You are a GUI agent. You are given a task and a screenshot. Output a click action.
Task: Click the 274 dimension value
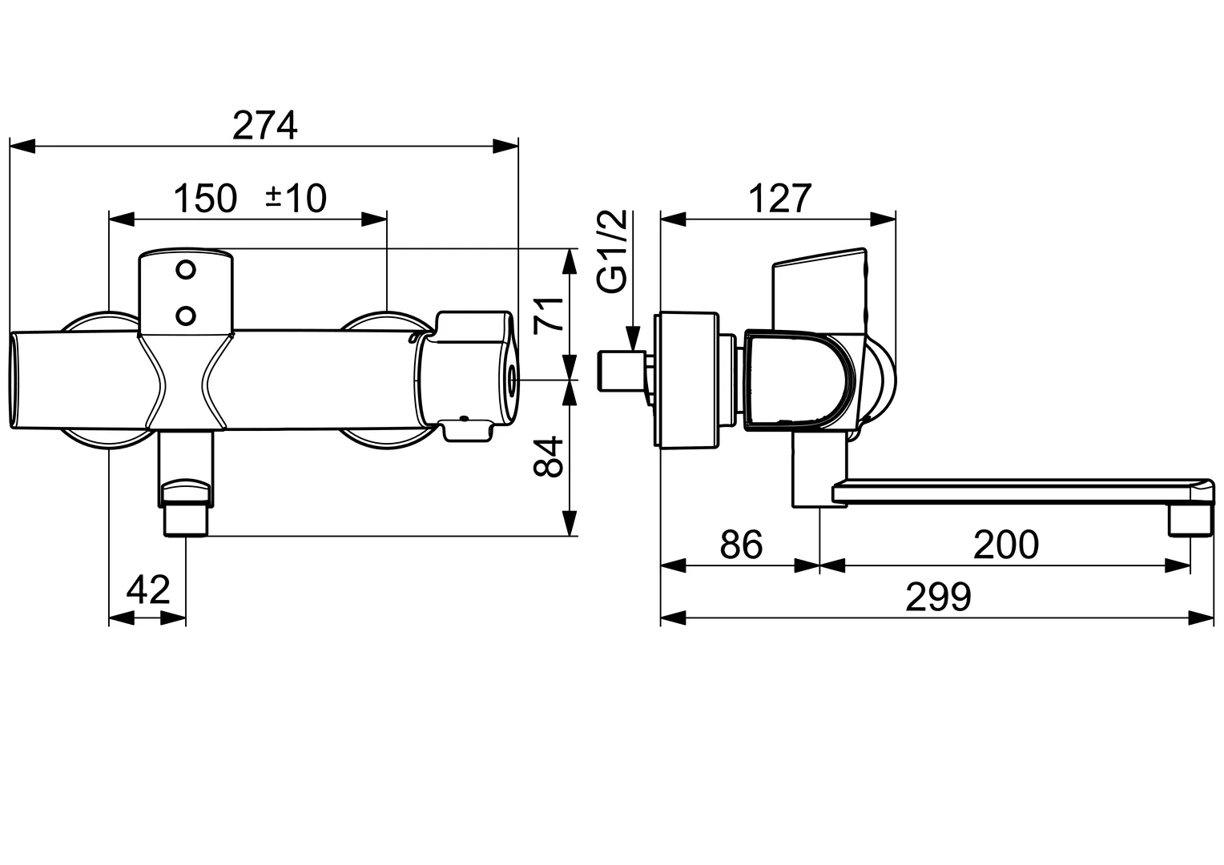coord(265,125)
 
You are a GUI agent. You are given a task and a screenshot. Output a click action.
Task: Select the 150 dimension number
coord(206,198)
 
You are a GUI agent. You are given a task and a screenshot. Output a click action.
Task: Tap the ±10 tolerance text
coord(296,198)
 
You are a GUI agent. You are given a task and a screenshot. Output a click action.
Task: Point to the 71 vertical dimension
coord(549,313)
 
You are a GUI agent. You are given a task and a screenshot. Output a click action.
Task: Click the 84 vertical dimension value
coord(549,457)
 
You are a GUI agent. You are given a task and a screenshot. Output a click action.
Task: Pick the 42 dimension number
coord(149,590)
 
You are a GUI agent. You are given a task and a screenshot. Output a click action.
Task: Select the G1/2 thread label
coord(613,251)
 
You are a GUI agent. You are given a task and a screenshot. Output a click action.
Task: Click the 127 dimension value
coord(780,198)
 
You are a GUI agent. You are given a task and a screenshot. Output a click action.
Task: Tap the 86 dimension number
coord(741,545)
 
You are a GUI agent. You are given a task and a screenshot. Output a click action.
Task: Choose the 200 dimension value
coord(1005,545)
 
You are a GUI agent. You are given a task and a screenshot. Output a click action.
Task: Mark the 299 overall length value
coord(938,597)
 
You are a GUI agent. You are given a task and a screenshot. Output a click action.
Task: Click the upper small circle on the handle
coord(186,270)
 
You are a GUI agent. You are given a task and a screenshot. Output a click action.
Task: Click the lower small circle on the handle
coord(186,315)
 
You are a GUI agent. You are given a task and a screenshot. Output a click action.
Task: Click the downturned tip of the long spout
coord(1190,519)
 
